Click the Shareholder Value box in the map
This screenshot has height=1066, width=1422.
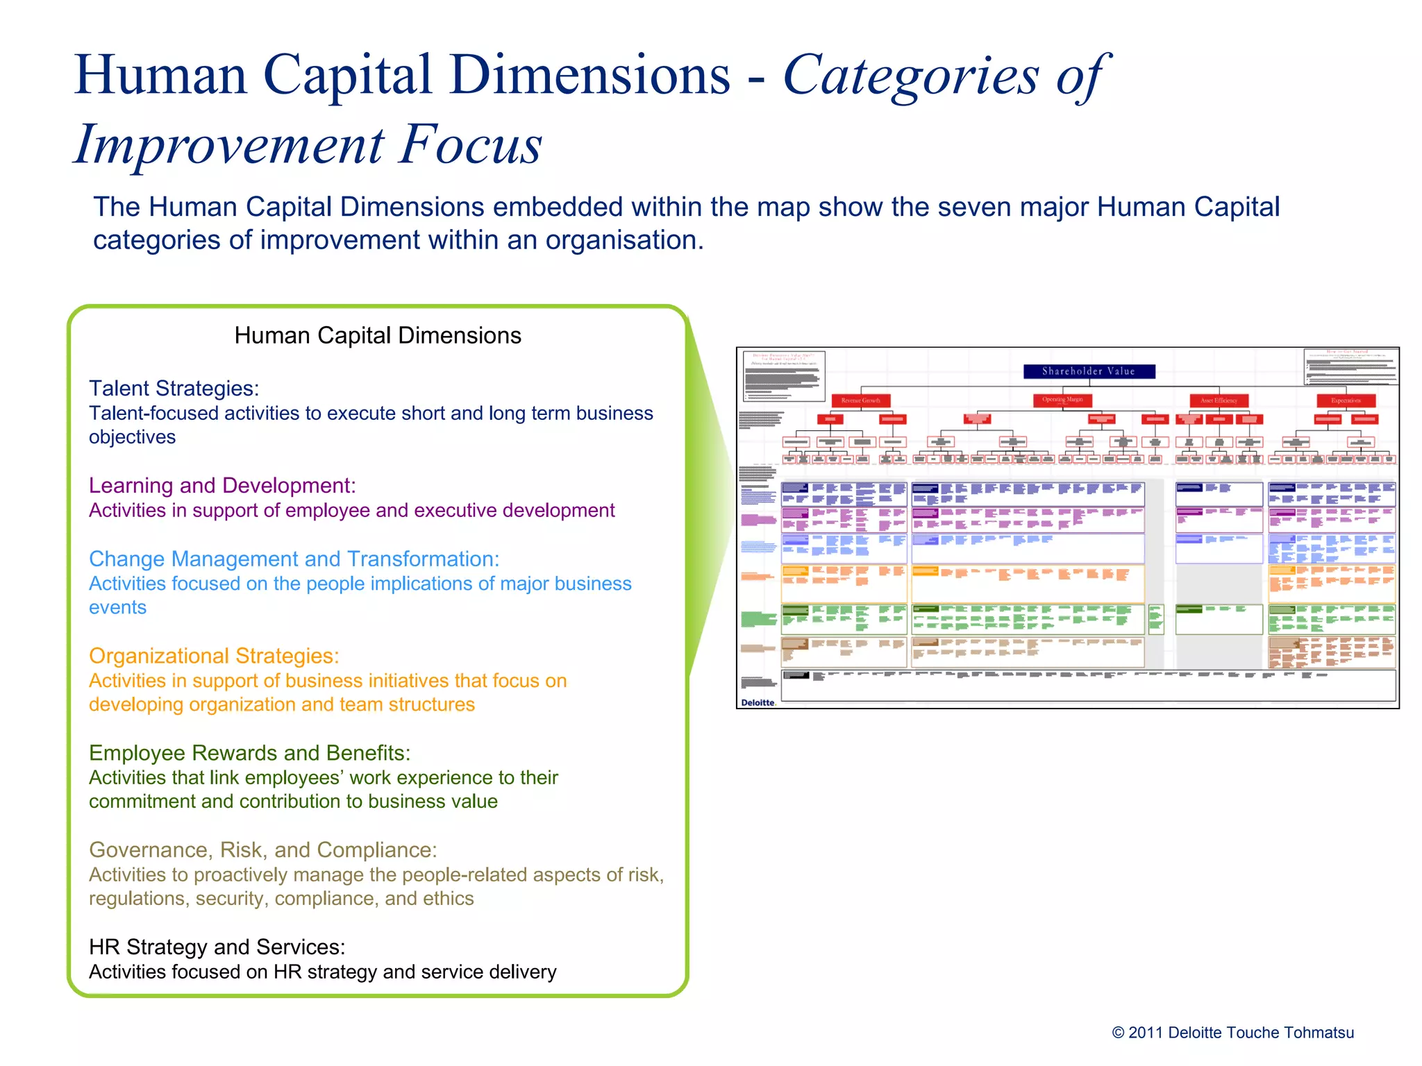point(1089,371)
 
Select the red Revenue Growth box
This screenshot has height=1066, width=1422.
point(860,400)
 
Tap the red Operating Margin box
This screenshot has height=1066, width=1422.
point(1062,400)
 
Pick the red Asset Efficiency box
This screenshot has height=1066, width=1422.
point(1219,400)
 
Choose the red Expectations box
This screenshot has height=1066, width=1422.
point(1346,400)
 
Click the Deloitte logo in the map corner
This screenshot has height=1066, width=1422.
point(758,702)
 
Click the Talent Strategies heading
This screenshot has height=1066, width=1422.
point(174,389)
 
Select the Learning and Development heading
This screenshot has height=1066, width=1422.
point(222,486)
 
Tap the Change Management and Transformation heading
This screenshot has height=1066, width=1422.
point(294,559)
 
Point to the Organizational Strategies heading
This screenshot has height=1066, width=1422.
point(214,656)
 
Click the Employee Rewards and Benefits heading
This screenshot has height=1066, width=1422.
point(249,753)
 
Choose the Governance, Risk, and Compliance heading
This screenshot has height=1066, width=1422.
point(262,850)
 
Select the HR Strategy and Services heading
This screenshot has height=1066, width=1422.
point(217,947)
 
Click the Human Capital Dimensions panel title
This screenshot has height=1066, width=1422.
point(378,336)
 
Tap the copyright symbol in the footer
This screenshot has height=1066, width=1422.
point(1118,1033)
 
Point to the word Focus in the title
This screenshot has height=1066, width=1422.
point(470,144)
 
